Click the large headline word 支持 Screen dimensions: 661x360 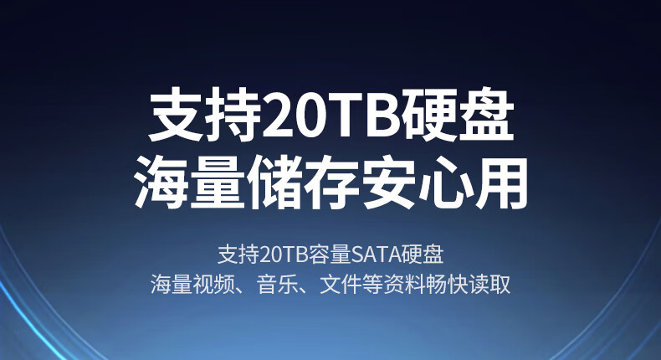coord(205,114)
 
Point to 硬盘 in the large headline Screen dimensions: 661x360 coord(458,114)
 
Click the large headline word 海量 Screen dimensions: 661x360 coord(190,183)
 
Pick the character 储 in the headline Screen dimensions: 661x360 coord(275,183)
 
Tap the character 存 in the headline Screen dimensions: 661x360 coord(332,183)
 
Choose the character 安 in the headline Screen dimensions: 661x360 coord(388,183)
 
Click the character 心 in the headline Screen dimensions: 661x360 coord(444,183)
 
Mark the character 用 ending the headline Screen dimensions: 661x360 coord(501,183)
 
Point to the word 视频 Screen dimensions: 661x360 coord(213,285)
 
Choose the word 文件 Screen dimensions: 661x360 coord(341,285)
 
